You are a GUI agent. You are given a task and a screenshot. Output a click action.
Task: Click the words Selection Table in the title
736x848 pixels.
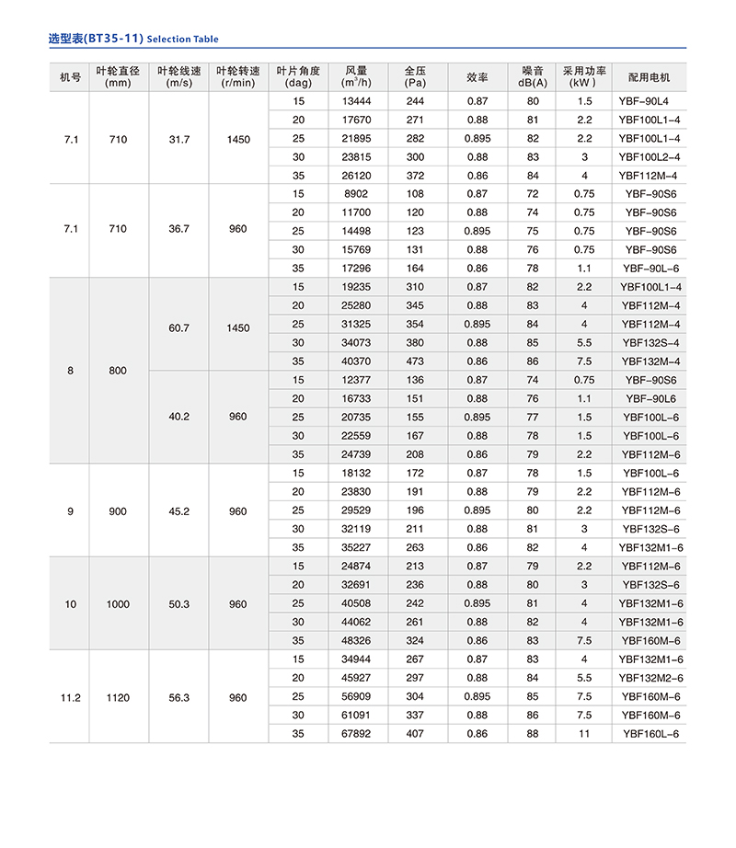click(182, 40)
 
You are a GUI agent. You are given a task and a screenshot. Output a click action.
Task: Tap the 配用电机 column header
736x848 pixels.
click(650, 76)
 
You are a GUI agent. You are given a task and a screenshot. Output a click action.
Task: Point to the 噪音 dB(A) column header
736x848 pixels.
click(533, 76)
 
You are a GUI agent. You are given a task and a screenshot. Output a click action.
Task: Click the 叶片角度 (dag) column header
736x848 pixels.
click(298, 76)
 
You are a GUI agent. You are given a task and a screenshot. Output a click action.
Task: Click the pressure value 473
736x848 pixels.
click(415, 361)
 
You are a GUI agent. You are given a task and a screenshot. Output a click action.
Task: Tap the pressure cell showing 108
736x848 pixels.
click(415, 194)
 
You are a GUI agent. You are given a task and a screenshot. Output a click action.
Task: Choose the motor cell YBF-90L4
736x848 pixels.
click(650, 101)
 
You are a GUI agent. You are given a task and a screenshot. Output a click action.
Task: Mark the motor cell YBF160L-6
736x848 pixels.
click(650, 734)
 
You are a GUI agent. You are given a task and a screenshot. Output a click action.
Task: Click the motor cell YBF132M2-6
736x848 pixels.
click(650, 679)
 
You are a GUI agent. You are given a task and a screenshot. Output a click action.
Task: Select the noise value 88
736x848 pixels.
click(533, 734)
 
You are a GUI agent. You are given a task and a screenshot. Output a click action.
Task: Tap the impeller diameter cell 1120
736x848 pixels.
click(118, 697)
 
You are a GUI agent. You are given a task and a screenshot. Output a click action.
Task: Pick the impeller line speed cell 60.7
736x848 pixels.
click(178, 325)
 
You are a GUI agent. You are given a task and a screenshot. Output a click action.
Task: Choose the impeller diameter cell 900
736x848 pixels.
click(118, 510)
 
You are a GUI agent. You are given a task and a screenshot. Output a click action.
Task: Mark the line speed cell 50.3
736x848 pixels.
click(178, 604)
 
